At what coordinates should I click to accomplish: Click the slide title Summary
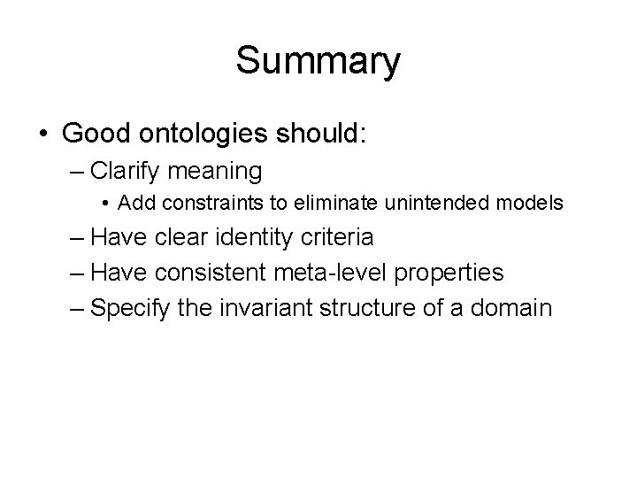coord(318,62)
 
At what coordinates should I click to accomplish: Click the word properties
coord(449,273)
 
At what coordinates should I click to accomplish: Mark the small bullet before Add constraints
coord(105,204)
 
